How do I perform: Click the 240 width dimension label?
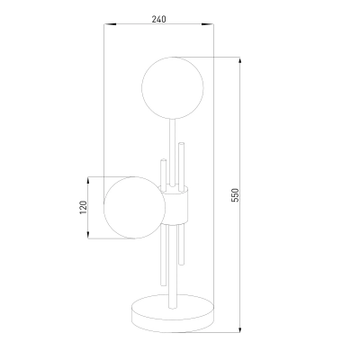[x=158, y=19]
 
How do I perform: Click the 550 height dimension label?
[x=236, y=194]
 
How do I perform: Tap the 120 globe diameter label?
[x=83, y=207]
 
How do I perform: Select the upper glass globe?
[x=173, y=87]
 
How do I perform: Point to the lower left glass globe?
[x=134, y=208]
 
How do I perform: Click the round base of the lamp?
[x=173, y=314]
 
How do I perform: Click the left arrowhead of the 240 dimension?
[x=110, y=24]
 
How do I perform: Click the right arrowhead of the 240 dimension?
[x=208, y=24]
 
